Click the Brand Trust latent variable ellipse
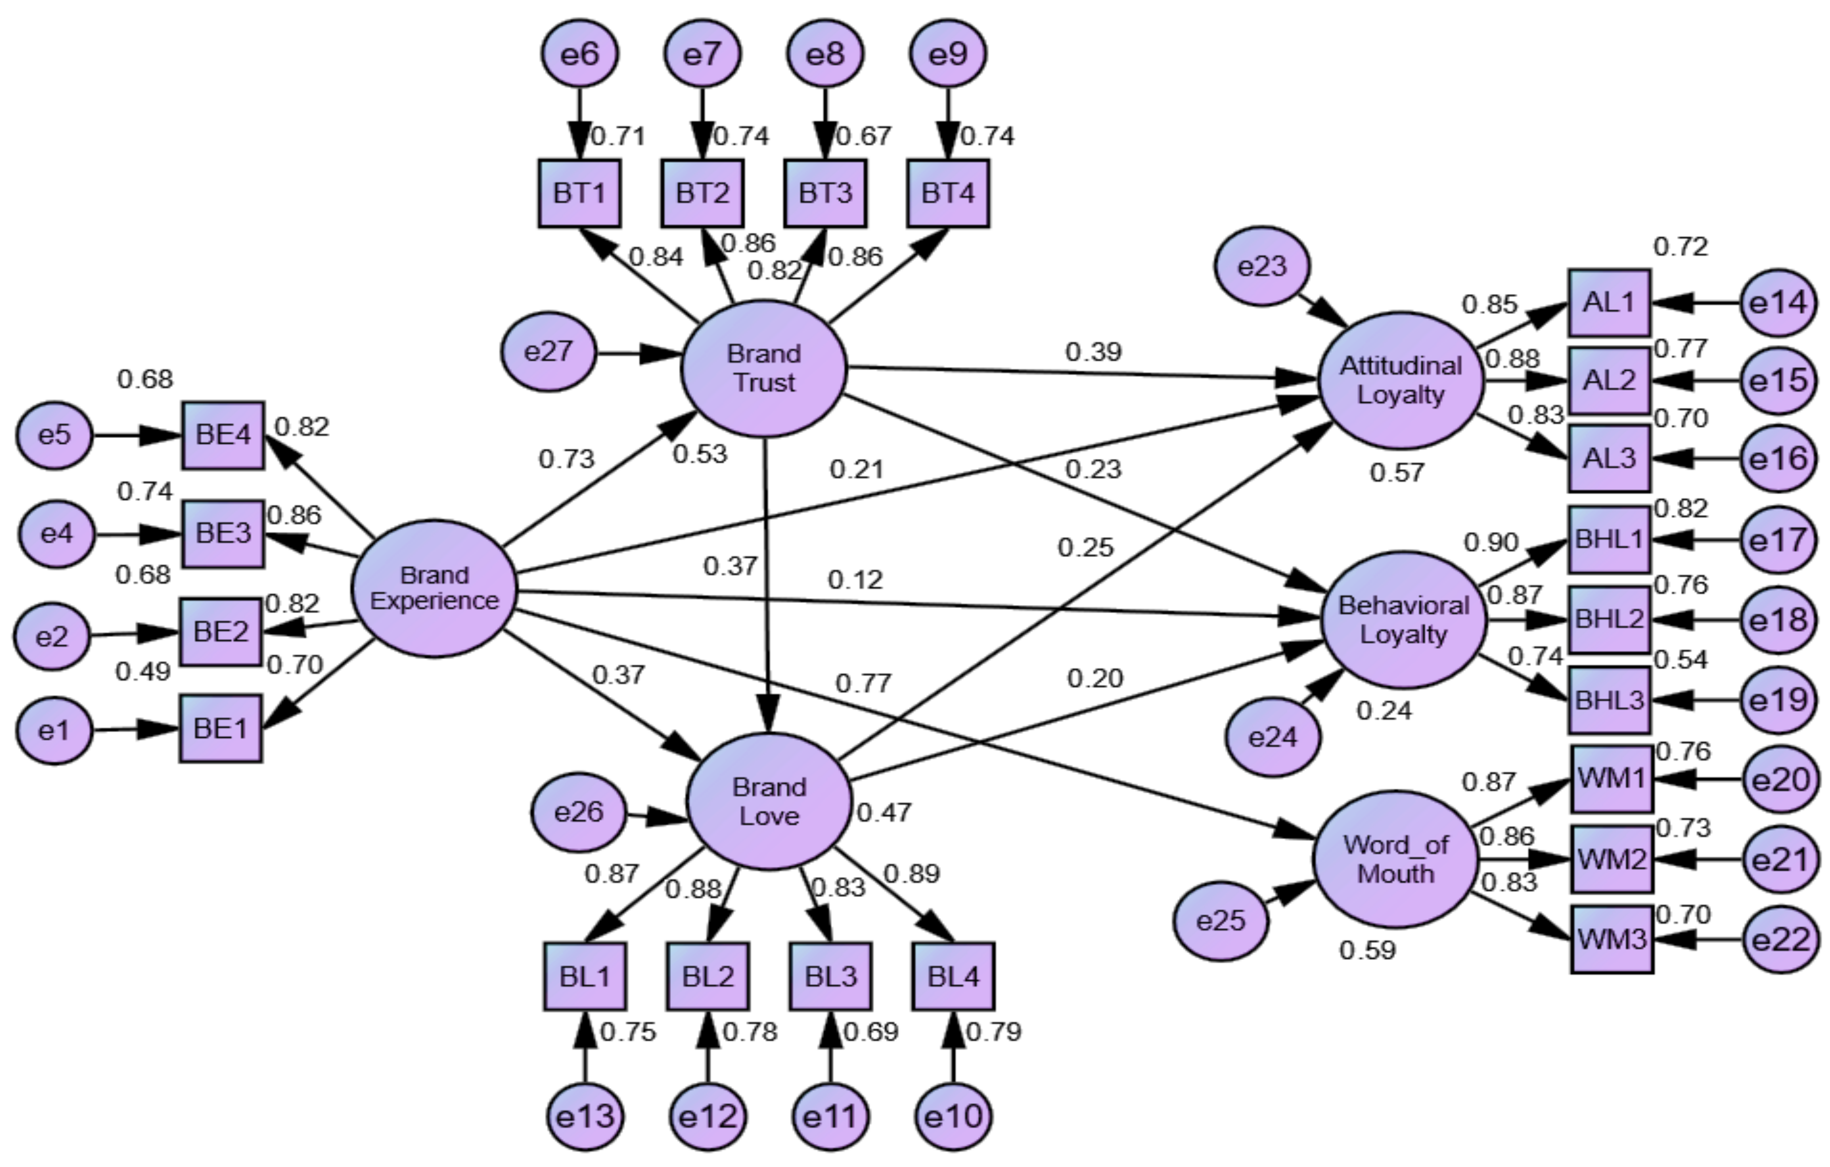[764, 369]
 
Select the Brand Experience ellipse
[434, 588]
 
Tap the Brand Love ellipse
[768, 801]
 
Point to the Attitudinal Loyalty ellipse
[1401, 380]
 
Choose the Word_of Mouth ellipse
[1396, 859]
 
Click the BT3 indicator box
[825, 193]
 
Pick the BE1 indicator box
[221, 728]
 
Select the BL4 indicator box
[953, 976]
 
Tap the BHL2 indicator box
[1609, 619]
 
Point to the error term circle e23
[1262, 266]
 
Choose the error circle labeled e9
[948, 54]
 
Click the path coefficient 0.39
[1093, 352]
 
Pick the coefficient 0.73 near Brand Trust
[566, 459]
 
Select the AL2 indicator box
[1609, 380]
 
